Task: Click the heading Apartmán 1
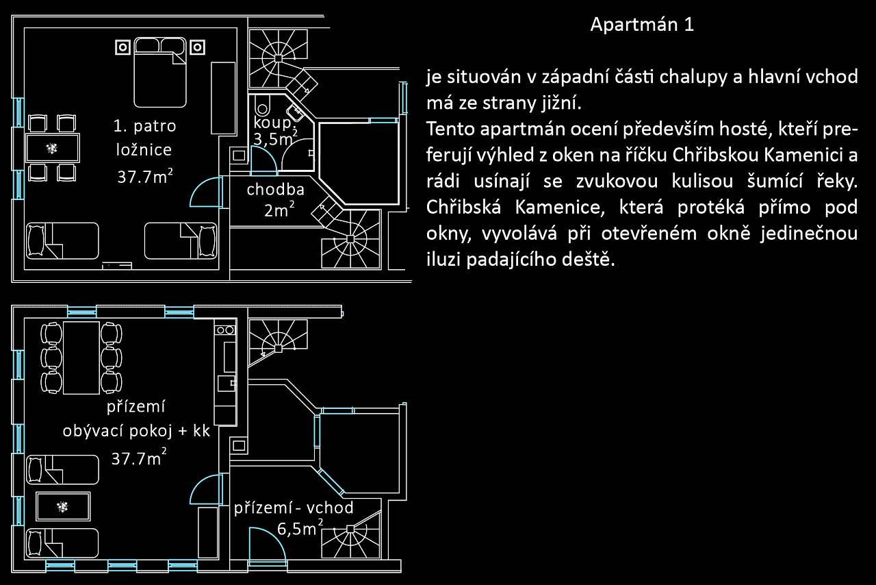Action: (642, 24)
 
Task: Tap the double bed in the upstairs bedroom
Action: (160, 73)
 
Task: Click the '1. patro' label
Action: (144, 126)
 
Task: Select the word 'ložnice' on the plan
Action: (144, 150)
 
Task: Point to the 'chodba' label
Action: (275, 190)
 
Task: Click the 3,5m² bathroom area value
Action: (275, 138)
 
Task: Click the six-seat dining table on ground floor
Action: (81, 358)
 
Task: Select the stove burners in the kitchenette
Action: (225, 330)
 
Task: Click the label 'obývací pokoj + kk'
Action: (136, 431)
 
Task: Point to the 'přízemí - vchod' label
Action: (294, 508)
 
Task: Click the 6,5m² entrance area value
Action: (300, 528)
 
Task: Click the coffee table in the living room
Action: (63, 507)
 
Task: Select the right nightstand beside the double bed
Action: (198, 47)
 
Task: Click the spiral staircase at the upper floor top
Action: (278, 59)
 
